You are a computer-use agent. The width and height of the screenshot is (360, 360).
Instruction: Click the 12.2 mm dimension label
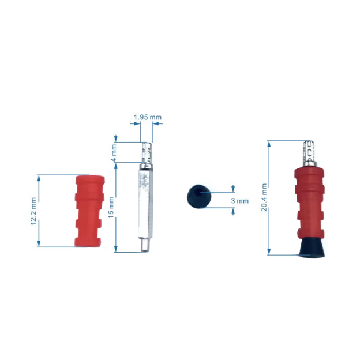tap(33, 211)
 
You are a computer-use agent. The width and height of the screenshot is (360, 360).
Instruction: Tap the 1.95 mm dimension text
tap(148, 117)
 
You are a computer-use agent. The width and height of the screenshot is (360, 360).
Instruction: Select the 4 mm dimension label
tap(114, 152)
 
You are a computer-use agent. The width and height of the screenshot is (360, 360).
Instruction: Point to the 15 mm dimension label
tap(111, 208)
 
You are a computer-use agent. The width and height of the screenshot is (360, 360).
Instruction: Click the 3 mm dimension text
tap(239, 201)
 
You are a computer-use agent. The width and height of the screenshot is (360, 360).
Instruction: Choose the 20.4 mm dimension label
tap(264, 197)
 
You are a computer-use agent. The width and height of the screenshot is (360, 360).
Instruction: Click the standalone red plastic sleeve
tap(89, 211)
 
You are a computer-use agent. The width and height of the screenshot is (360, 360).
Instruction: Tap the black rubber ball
tap(199, 196)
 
